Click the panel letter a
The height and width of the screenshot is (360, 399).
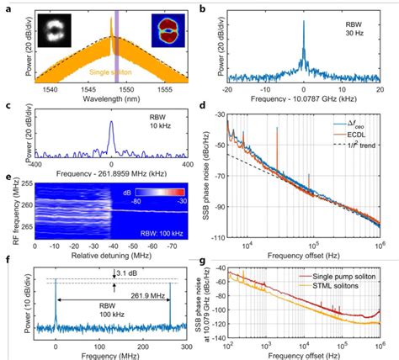click(x=6, y=8)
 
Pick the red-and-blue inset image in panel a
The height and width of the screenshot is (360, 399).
click(x=171, y=32)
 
